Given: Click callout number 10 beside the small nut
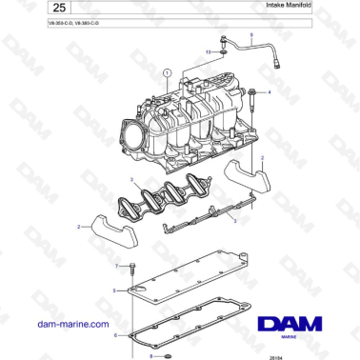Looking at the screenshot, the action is pyautogui.click(x=208, y=52).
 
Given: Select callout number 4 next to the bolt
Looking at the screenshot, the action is pyautogui.click(x=270, y=92).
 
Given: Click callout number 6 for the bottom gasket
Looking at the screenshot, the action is pyautogui.click(x=115, y=334).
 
